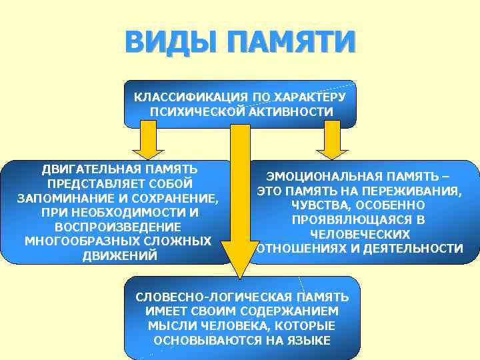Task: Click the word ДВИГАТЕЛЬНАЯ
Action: (x=91, y=168)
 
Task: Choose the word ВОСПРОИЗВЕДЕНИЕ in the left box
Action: (x=117, y=227)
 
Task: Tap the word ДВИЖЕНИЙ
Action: (x=119, y=256)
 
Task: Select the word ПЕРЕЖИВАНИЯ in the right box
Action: (x=414, y=191)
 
